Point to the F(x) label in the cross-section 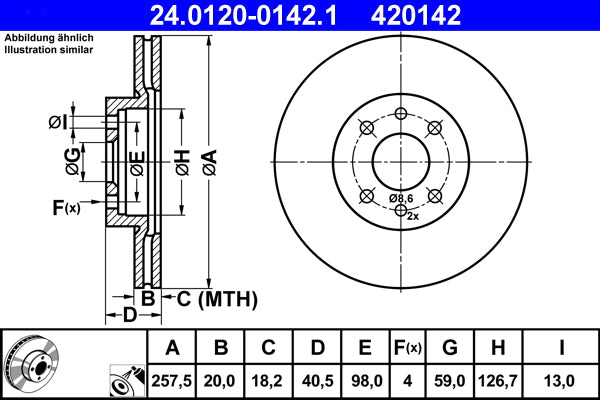66,208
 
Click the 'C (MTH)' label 217,298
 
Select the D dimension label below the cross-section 128,316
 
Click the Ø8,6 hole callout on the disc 401,198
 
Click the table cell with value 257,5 173,379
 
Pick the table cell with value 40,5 316,379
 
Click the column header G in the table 449,348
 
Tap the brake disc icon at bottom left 30,364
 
